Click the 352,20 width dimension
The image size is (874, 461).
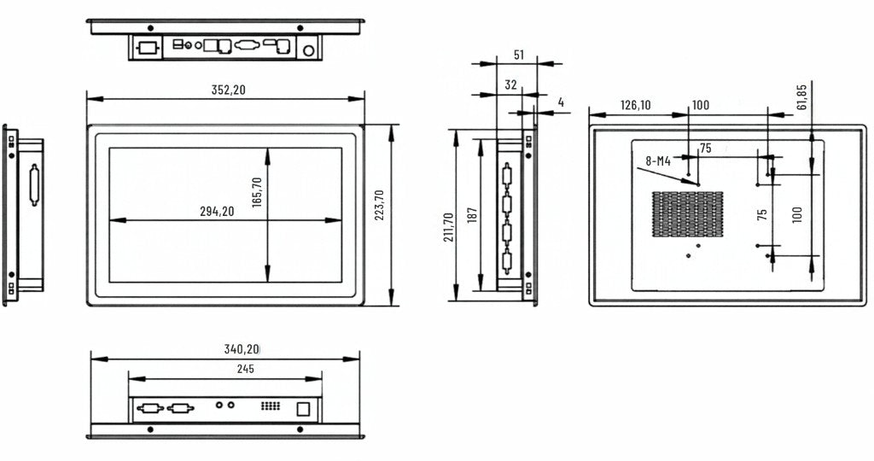click(228, 90)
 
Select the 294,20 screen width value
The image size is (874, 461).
click(217, 211)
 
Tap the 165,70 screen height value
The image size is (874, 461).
click(257, 192)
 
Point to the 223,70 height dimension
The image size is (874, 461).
click(379, 205)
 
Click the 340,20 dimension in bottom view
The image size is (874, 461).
click(242, 349)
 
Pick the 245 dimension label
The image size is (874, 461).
click(245, 369)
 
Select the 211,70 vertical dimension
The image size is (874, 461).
click(448, 227)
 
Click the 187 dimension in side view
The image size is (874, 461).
click(472, 216)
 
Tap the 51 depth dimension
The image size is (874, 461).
click(519, 55)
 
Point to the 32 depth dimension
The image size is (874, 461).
click(510, 85)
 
